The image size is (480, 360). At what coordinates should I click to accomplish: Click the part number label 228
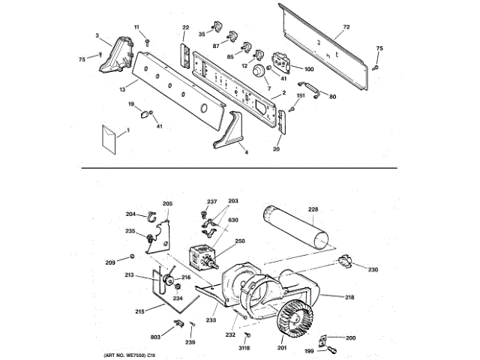(x=313, y=209)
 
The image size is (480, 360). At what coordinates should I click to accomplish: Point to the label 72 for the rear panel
(x=346, y=28)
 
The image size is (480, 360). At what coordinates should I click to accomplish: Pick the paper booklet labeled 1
(x=110, y=139)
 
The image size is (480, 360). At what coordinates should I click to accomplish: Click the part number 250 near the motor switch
(x=240, y=241)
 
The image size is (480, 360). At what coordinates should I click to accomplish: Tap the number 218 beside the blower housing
(x=349, y=298)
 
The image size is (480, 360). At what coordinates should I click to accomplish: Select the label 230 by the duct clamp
(x=373, y=269)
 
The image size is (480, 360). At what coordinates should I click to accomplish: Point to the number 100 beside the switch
(x=309, y=70)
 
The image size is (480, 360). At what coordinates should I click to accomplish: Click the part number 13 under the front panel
(x=121, y=90)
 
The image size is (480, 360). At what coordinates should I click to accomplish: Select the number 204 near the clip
(x=130, y=214)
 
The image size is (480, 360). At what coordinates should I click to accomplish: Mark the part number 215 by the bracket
(x=139, y=312)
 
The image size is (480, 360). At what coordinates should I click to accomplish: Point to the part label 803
(x=156, y=338)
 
